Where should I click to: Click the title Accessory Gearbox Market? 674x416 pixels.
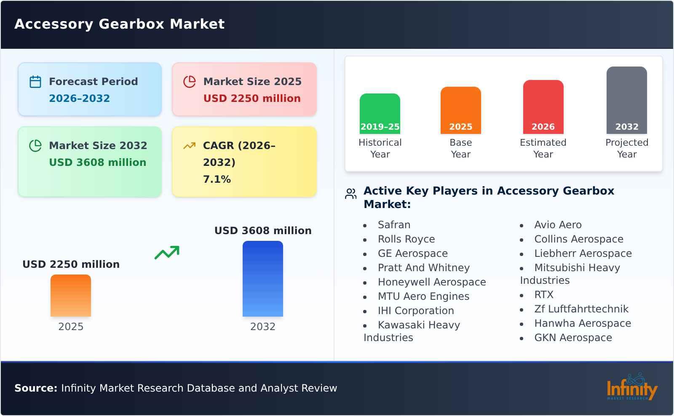tap(119, 24)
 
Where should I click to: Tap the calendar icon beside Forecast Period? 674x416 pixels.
tap(35, 82)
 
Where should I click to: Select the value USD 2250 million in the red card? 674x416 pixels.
tap(252, 99)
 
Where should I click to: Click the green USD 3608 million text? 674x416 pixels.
tap(97, 163)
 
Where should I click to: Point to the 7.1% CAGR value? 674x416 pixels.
tap(217, 179)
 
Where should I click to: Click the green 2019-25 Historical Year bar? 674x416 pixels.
tap(380, 114)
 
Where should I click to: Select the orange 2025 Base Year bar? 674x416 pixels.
tap(460, 110)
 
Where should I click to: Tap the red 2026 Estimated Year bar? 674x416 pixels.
tap(543, 107)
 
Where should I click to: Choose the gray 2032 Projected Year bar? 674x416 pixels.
tap(626, 100)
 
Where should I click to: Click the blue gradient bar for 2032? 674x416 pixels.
tap(262, 279)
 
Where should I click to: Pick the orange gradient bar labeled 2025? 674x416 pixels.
tap(71, 296)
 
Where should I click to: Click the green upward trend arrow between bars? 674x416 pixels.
tap(167, 253)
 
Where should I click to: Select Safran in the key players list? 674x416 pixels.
tap(394, 225)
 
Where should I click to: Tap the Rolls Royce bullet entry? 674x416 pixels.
tap(406, 239)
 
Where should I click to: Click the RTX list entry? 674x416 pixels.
tap(543, 295)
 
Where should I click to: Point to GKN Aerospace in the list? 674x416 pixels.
tap(573, 338)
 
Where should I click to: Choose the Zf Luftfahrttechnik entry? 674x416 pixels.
tap(581, 309)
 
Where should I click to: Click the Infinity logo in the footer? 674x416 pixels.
tap(631, 387)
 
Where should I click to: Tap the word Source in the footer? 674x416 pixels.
tap(35, 388)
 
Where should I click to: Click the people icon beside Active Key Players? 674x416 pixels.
tap(350, 194)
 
